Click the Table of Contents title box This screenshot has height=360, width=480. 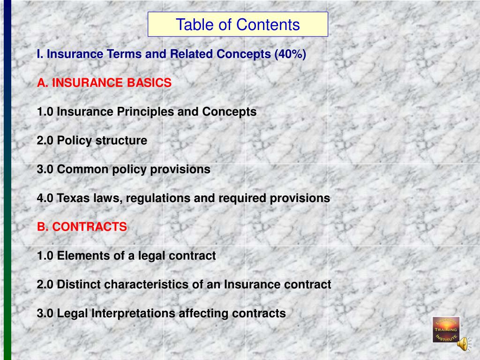(x=238, y=24)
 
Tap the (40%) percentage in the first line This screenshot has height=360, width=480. (x=290, y=54)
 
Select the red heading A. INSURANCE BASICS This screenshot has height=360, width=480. (x=105, y=83)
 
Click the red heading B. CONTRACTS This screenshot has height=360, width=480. (x=82, y=227)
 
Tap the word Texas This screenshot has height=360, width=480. (x=72, y=198)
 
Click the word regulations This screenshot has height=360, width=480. (x=157, y=198)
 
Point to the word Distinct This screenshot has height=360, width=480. (x=78, y=285)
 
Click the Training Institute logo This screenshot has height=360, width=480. (x=445, y=329)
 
